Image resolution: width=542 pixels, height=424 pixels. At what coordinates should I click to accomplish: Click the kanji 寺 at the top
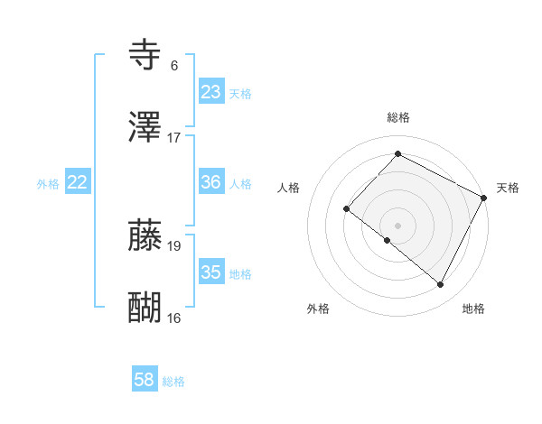tap(145, 55)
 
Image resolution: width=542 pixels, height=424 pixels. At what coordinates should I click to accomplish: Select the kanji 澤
tap(145, 128)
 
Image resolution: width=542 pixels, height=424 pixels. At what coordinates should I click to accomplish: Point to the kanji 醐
tap(145, 308)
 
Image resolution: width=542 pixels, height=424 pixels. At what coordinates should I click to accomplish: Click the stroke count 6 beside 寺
tap(174, 65)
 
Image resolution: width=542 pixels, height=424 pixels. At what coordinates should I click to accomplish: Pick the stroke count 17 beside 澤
tap(174, 138)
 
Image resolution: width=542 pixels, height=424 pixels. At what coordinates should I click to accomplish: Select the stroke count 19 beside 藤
tap(174, 245)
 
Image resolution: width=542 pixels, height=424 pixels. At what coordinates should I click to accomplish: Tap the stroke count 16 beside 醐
tap(174, 318)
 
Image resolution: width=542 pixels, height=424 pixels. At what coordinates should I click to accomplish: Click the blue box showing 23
tap(210, 92)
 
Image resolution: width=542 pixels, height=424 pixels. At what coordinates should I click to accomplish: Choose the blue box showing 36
tap(210, 182)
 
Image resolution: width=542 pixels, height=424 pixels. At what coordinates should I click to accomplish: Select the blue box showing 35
tap(210, 272)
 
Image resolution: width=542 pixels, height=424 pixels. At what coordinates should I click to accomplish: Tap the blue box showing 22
tap(78, 182)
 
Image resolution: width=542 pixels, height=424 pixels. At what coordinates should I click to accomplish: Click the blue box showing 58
tap(145, 381)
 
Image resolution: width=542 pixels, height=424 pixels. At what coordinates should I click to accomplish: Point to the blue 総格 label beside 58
tap(173, 383)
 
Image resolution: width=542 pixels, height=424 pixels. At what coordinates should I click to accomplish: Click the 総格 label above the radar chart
tap(397, 118)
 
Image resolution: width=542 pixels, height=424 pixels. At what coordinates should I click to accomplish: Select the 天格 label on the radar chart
tap(508, 188)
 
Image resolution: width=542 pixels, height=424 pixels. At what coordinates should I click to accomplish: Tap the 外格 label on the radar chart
tap(318, 309)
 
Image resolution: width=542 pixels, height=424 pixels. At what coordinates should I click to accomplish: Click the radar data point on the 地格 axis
tap(441, 285)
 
